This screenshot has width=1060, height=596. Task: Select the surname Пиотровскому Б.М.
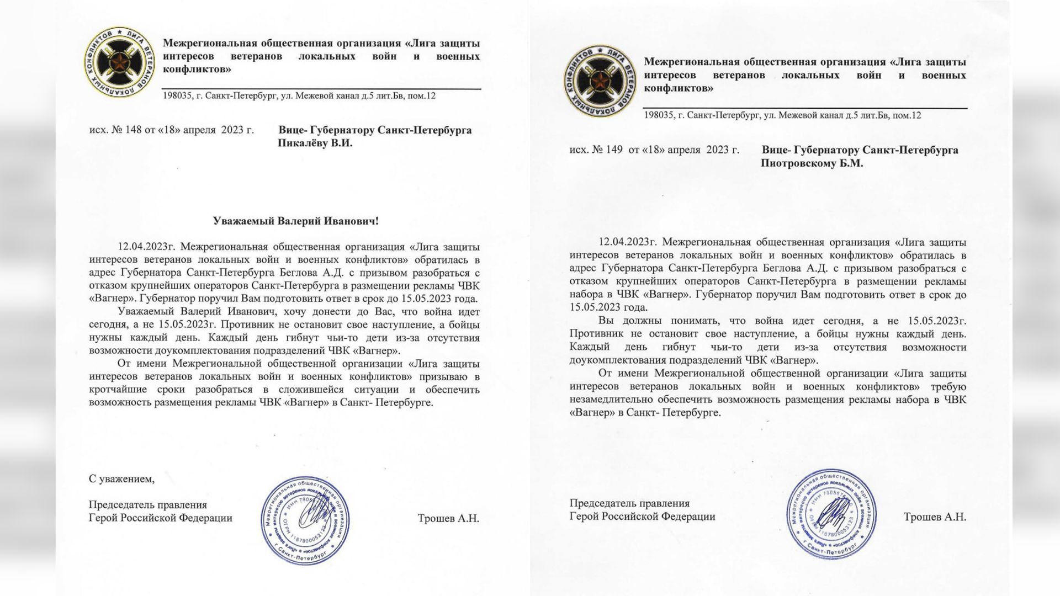[x=812, y=163]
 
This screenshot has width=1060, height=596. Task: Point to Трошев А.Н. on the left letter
[x=448, y=518]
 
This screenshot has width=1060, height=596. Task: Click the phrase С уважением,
[x=121, y=479]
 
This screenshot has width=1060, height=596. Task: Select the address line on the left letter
[x=299, y=96]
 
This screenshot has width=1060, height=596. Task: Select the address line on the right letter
[x=782, y=115]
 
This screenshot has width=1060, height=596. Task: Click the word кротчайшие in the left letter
[x=115, y=390]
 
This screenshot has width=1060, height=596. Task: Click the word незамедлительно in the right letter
[x=607, y=400]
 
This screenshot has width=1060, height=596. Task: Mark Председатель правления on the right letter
[x=629, y=503]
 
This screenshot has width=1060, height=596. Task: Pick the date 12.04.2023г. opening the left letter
[x=146, y=247]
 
